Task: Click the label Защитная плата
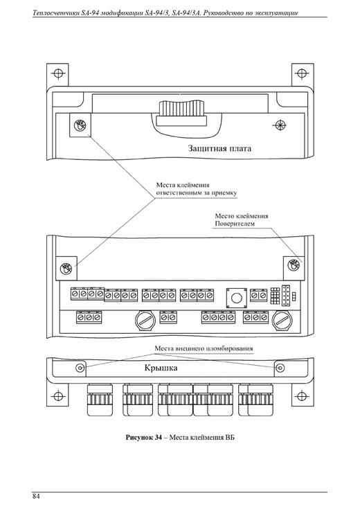219,149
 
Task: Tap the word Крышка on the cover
161,368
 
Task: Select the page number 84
36,497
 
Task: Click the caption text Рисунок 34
143,438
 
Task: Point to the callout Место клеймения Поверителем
242,220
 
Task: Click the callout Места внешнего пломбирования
204,349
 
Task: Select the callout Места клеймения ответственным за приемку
197,189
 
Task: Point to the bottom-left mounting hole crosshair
57,395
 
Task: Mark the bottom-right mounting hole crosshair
302,395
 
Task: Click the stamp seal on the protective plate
80,125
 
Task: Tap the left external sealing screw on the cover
80,368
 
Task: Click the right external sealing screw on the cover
280,368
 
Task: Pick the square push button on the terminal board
236,297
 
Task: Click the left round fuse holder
145,321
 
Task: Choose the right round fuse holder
282,321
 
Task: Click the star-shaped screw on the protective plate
280,125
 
